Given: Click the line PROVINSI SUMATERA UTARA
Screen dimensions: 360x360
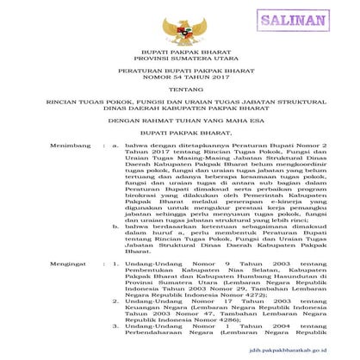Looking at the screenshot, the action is tap(179, 62).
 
